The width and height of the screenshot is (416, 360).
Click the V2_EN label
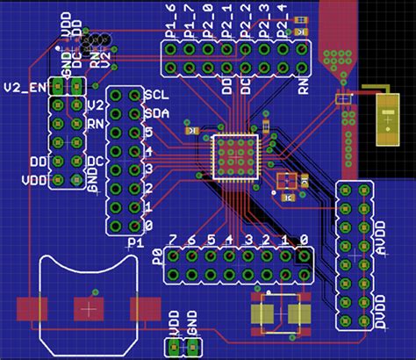click(x=24, y=88)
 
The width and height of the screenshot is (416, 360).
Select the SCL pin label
click(x=155, y=95)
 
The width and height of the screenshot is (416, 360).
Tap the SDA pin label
click(x=155, y=113)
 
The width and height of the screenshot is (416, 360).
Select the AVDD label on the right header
click(x=379, y=241)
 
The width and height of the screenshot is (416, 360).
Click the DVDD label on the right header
click(x=379, y=313)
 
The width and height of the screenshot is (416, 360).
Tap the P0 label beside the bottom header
click(x=157, y=256)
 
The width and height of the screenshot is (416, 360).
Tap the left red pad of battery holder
click(x=32, y=309)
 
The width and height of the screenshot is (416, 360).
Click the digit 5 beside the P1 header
click(x=149, y=132)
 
